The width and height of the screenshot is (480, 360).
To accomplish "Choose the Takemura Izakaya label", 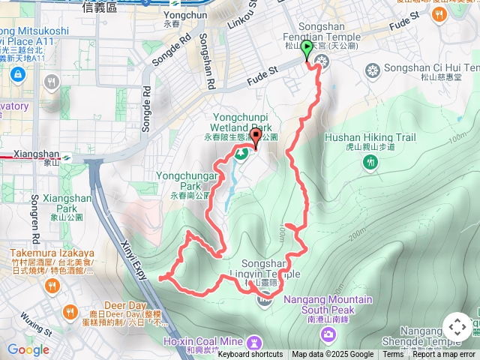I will coord(52,253).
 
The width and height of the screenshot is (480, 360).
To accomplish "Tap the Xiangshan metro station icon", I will coord(67,158).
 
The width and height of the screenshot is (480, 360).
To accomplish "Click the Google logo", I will coord(28,349).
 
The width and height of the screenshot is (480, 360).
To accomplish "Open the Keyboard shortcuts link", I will coord(250,355).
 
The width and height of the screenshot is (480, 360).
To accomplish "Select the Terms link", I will coord(393,355).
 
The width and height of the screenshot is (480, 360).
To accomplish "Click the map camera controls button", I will coord(457,327).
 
